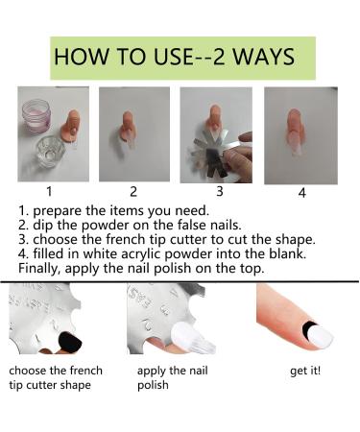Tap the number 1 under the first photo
pos(49,191)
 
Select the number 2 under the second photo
pos(133,191)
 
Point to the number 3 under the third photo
pos(220,191)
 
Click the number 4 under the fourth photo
pos(301,193)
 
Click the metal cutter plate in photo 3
pos(214,151)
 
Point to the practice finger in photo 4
pos(296,131)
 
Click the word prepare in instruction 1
pos(58,211)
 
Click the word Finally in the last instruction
pos(39,268)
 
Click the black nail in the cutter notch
pos(70,342)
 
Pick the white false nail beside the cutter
pos(191,337)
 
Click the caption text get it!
pos(305,371)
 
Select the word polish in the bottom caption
pos(153,385)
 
